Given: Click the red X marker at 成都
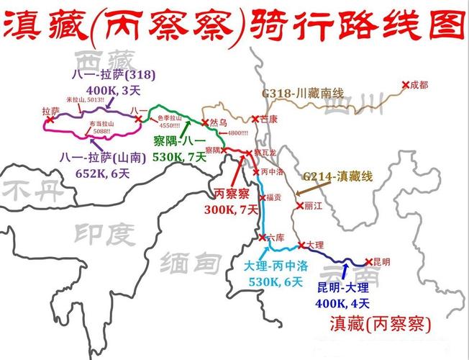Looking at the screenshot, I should [405, 85].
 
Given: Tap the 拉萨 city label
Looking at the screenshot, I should [50, 110].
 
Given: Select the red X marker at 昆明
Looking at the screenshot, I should [368, 262].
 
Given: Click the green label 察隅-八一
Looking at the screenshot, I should [179, 140].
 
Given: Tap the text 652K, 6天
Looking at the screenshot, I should [103, 172].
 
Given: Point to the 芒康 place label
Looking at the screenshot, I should [268, 118].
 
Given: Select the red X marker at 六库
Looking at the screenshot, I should [262, 238].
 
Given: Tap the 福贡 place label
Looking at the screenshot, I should [273, 196].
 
